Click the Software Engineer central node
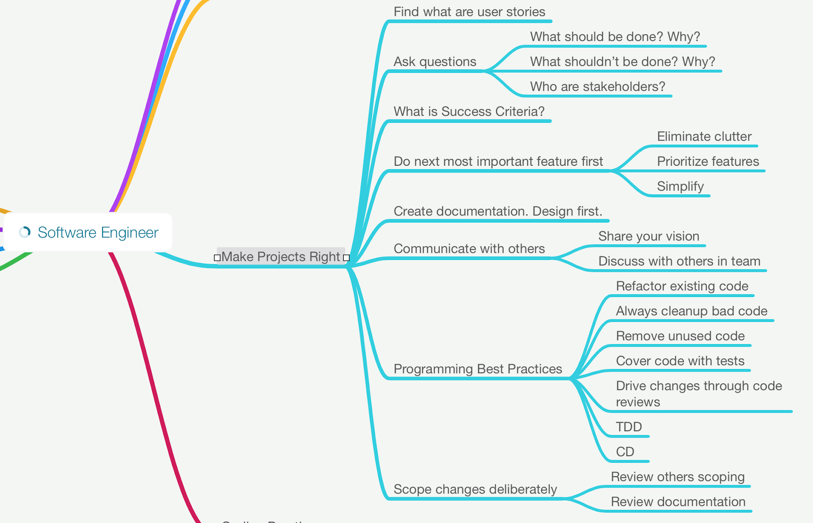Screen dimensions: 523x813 pyautogui.click(x=98, y=232)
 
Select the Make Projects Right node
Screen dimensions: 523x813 pyautogui.click(x=280, y=256)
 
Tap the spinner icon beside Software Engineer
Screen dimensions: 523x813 pyautogui.click(x=25, y=232)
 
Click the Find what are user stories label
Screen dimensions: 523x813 pyautogui.click(x=469, y=12)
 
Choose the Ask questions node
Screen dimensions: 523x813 pyautogui.click(x=435, y=62)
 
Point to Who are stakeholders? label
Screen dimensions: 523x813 pyautogui.click(x=598, y=87)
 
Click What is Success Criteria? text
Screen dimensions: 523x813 pyautogui.click(x=469, y=112)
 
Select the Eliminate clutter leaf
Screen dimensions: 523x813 pyautogui.click(x=704, y=136)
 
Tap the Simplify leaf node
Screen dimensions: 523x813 pyautogui.click(x=680, y=186)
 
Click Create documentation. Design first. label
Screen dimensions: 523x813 pyautogui.click(x=498, y=211)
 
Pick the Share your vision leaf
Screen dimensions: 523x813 pyautogui.click(x=648, y=236)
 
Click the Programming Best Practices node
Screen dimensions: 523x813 pyautogui.click(x=478, y=369)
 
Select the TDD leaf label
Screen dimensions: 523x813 pyautogui.click(x=629, y=427)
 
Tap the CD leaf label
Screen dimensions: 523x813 pyautogui.click(x=625, y=452)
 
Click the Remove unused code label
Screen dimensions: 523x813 pyautogui.click(x=680, y=336)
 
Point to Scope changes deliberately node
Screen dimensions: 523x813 pyautogui.click(x=475, y=489)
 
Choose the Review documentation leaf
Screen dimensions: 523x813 pyautogui.click(x=678, y=502)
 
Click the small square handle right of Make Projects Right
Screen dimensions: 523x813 pyautogui.click(x=346, y=258)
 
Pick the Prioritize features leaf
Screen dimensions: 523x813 pyautogui.click(x=708, y=162)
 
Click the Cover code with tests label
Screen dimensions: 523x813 pyautogui.click(x=680, y=361)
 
